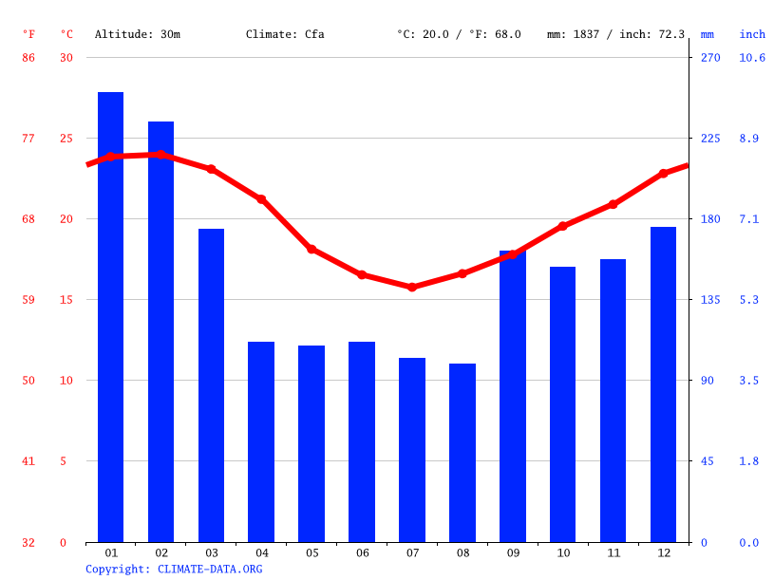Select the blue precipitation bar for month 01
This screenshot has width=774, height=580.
click(x=110, y=317)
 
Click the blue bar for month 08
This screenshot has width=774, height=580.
click(x=463, y=453)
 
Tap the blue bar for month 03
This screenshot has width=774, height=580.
click(x=211, y=385)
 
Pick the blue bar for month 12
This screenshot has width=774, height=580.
click(x=663, y=384)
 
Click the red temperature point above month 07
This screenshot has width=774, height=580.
click(x=412, y=287)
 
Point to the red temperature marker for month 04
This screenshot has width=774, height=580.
click(x=261, y=199)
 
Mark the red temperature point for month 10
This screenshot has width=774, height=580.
click(x=562, y=226)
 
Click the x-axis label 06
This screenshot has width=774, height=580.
click(x=362, y=552)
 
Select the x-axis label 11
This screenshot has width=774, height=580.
click(x=613, y=552)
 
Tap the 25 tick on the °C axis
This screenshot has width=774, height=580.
click(x=66, y=139)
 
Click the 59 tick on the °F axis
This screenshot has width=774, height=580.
click(x=28, y=300)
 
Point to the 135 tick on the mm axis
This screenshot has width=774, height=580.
click(x=710, y=300)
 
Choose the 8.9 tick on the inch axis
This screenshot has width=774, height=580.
click(x=749, y=139)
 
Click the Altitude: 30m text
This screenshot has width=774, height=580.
click(x=137, y=34)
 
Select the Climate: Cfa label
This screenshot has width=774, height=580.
click(x=285, y=34)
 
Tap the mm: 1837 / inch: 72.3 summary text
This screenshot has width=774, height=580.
click(x=615, y=34)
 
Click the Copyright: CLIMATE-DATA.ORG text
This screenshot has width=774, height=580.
click(x=174, y=570)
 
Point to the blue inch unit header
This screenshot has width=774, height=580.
click(x=752, y=34)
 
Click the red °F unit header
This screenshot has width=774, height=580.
click(x=28, y=34)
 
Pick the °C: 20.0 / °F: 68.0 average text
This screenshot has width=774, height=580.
click(x=459, y=34)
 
